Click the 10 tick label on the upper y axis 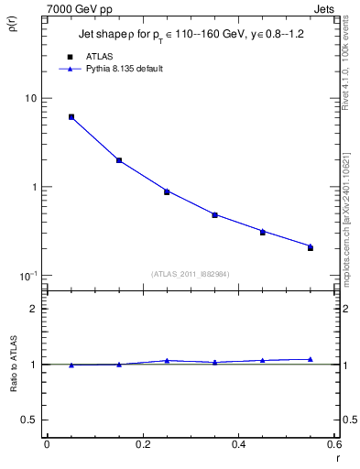[x=30, y=99]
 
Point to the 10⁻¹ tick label [x=27, y=276]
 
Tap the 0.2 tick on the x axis [x=142, y=445]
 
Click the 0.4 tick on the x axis [x=238, y=445]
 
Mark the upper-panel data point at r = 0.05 [x=71, y=117]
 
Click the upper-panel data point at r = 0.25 [x=167, y=191]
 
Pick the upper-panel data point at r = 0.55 [x=311, y=247]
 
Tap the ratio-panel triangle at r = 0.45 [x=262, y=360]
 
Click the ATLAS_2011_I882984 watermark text [x=190, y=273]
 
